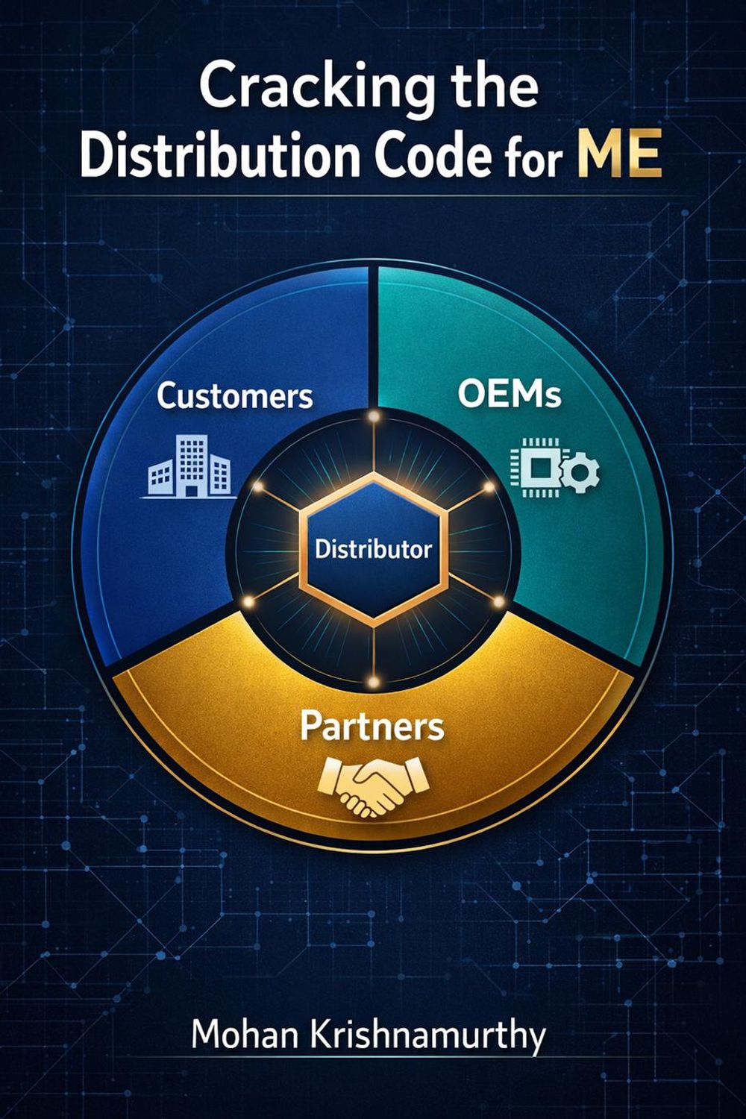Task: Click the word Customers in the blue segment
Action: pos(234,396)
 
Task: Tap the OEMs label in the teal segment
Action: pos(510,395)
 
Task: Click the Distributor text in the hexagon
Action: pos(373,550)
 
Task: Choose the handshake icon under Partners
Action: pos(372,785)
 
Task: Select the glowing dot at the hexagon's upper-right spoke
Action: pos(489,486)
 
